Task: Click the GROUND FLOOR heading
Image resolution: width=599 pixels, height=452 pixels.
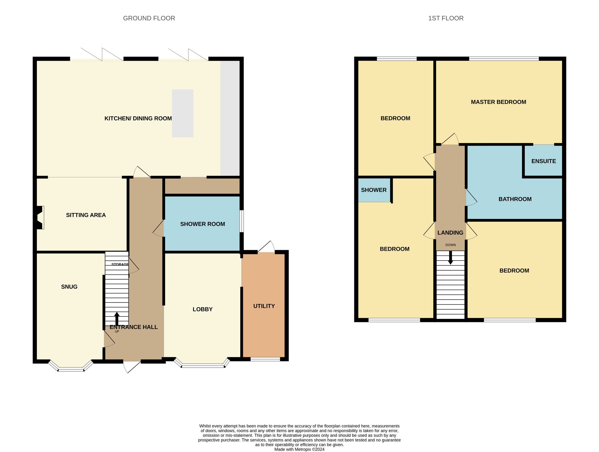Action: coord(149,18)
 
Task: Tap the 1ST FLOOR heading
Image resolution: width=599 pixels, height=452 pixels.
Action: coord(446,18)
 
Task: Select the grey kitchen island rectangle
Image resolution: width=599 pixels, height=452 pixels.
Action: coord(182,113)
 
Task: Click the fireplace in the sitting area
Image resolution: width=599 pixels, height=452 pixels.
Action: coord(40,217)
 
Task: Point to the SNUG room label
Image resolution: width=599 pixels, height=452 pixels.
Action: coord(69,287)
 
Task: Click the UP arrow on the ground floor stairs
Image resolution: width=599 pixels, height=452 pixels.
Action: coord(117,319)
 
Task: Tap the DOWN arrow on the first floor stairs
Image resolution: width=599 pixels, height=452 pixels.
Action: coord(450,258)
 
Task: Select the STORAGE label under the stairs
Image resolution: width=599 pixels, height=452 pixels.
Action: coord(120,264)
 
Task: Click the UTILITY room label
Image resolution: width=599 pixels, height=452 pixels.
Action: coord(264,306)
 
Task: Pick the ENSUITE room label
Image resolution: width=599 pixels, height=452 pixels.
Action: coord(543,161)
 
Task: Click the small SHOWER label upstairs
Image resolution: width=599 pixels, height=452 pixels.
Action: coord(373,190)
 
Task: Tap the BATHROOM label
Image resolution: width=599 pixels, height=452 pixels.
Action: coord(515,199)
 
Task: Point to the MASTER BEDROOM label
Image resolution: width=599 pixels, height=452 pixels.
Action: coord(498,102)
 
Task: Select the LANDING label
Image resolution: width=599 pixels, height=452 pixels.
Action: coord(450,233)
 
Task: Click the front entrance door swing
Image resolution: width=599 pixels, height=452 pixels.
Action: coord(131,366)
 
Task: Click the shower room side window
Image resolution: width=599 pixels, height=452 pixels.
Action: coord(242,221)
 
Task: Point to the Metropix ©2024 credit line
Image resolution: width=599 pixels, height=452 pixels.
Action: coord(299,449)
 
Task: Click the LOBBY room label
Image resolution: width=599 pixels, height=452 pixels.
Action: coord(202,309)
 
